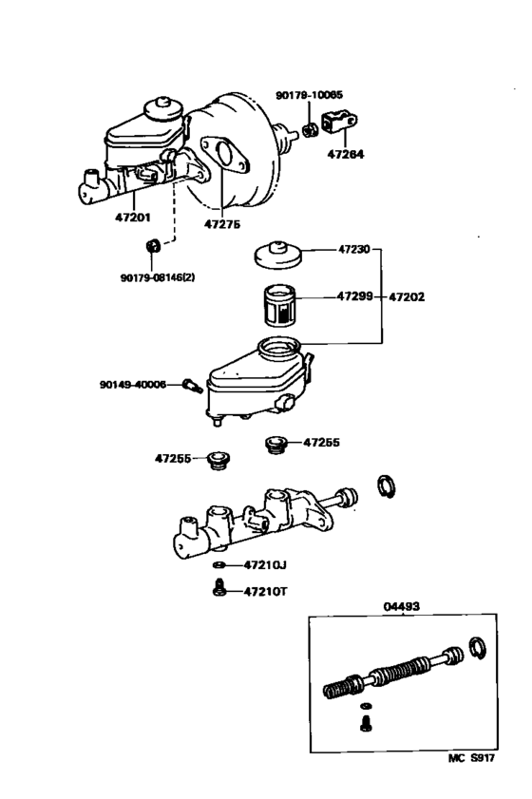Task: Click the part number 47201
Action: (x=134, y=218)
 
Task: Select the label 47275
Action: (x=222, y=224)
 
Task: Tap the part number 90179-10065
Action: (x=310, y=95)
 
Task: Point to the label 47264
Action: (x=344, y=152)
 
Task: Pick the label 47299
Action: (x=355, y=296)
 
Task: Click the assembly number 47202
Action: (x=407, y=296)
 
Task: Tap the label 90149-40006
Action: (x=132, y=384)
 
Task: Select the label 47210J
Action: (x=265, y=564)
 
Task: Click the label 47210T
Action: (x=265, y=591)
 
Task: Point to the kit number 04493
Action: (x=402, y=606)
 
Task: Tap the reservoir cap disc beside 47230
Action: (x=277, y=254)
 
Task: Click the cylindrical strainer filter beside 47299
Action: (x=279, y=306)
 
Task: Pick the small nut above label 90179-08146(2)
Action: (x=150, y=249)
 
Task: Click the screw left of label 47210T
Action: (x=218, y=589)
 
